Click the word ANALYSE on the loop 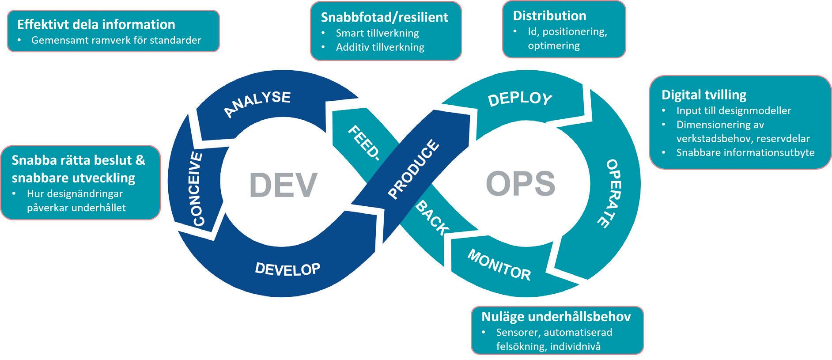pos(257,104)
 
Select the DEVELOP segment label pos(287,268)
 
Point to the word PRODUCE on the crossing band pos(413,169)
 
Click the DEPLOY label pos(520,99)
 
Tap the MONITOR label pos(499,265)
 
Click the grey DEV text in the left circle pos(283,184)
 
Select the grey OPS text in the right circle pos(520,183)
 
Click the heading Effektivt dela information pos(96,24)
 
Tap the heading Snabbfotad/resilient pos(384,17)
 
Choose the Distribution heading pos(549,16)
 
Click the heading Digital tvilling pos(703,95)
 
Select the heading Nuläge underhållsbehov pos(556,316)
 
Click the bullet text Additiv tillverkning pos(380,47)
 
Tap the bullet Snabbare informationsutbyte pos(745,153)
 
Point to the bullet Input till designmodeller pos(734,110)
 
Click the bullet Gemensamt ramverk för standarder pos(116,40)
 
